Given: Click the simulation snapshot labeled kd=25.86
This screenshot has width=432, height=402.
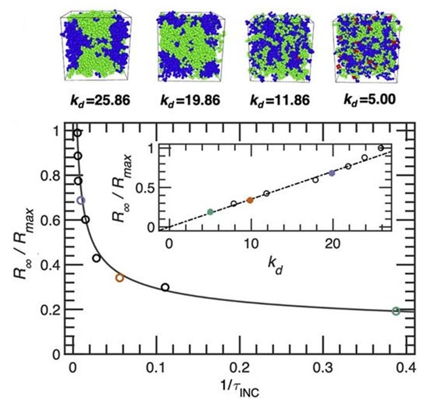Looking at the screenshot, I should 90,48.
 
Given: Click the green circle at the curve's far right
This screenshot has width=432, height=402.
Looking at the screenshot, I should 396,311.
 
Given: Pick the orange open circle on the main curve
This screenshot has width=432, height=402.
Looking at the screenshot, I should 119,278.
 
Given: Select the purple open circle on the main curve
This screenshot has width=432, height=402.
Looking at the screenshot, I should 81,200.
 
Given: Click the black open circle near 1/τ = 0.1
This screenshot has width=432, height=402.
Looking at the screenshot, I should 165,287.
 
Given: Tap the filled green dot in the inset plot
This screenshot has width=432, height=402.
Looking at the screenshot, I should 210,211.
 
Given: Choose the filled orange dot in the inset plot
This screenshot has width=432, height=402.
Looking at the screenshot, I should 250,200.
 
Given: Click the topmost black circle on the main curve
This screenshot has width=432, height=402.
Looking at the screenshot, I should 77,133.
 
